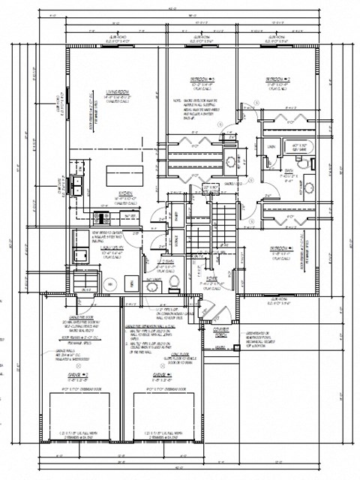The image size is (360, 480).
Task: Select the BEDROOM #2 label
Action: (277, 79)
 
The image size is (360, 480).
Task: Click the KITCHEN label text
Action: (124, 193)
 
